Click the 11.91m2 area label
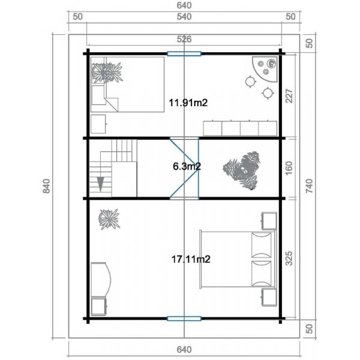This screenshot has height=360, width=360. (188, 103)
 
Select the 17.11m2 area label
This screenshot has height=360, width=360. (190, 259)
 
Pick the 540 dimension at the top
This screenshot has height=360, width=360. (184, 17)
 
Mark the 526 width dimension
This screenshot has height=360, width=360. (184, 40)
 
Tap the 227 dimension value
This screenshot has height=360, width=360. (289, 96)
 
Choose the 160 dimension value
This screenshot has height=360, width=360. (289, 167)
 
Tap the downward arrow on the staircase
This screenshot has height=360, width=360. (101, 183)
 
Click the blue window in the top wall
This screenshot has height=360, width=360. (184, 54)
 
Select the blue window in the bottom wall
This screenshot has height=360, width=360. (184, 319)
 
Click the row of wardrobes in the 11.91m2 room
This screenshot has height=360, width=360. (239, 128)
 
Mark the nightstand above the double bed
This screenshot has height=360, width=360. (268, 221)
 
